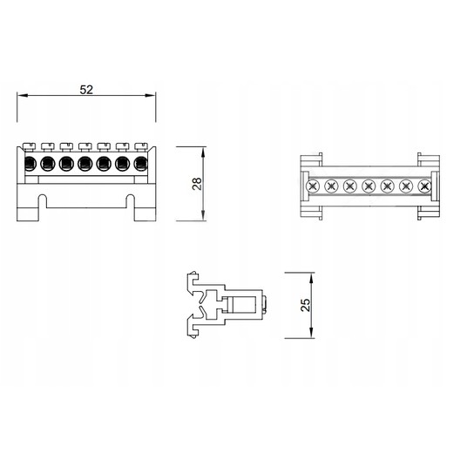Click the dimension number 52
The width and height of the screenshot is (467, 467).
[86, 90]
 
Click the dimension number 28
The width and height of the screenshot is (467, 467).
[197, 184]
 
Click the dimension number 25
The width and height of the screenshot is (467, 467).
[306, 305]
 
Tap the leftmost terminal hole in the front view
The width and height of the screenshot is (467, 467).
[30, 164]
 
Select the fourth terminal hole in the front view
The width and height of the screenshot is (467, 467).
[85, 164]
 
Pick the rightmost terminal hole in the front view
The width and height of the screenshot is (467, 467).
[141, 164]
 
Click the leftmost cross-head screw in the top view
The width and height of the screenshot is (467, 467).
[313, 186]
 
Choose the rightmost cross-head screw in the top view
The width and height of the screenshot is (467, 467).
[424, 186]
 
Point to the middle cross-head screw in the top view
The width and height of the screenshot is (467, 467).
[369, 186]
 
